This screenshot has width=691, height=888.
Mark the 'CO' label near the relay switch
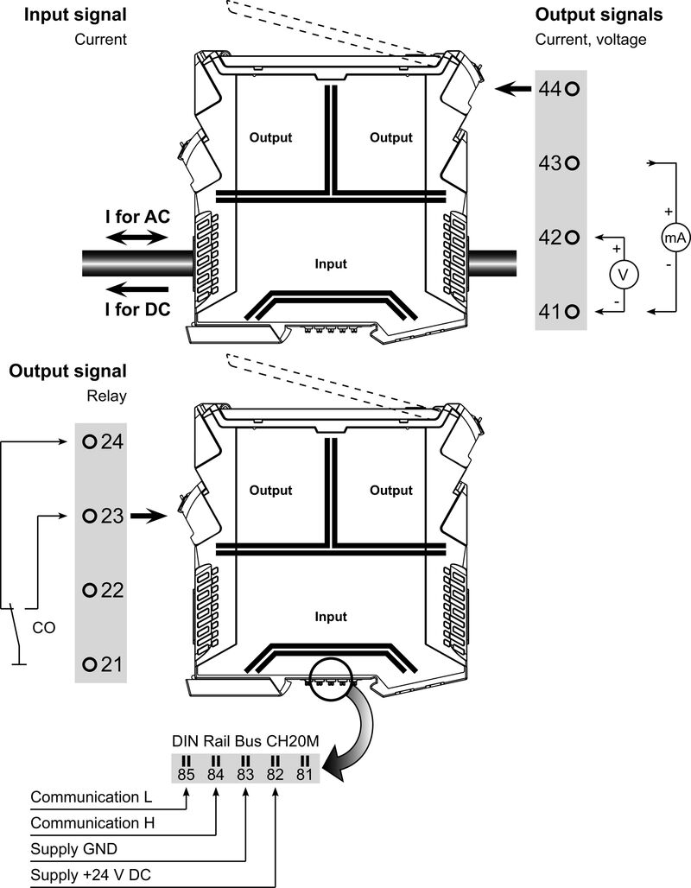point(45,628)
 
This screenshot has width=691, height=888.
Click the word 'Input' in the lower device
point(331,617)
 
